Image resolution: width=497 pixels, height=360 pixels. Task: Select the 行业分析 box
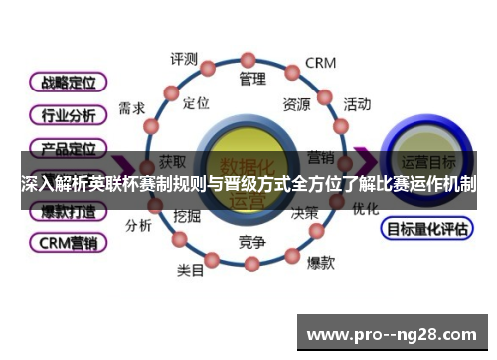coord(68,114)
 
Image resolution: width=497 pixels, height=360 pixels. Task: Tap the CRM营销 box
coord(68,242)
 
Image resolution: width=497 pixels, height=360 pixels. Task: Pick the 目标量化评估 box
coord(425,229)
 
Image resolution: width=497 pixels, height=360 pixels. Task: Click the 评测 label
coord(184,59)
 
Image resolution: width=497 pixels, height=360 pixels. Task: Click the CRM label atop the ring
coord(321,62)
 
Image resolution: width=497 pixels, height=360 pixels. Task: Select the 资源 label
coord(296,103)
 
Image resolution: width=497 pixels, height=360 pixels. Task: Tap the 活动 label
coord(357,103)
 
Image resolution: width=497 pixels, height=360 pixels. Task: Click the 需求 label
coord(132,108)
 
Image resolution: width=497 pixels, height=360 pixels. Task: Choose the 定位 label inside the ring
coord(197,102)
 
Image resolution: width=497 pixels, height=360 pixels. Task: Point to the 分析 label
coord(138,225)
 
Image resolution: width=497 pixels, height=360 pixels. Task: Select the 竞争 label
coord(252,242)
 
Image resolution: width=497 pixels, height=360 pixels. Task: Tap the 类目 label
coord(190,270)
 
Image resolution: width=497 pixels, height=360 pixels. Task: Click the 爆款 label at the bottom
coord(320,263)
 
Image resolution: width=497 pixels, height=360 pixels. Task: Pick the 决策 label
coord(304,213)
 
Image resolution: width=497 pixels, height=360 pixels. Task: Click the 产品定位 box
coord(68,149)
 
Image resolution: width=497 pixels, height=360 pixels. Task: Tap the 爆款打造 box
coord(68,211)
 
